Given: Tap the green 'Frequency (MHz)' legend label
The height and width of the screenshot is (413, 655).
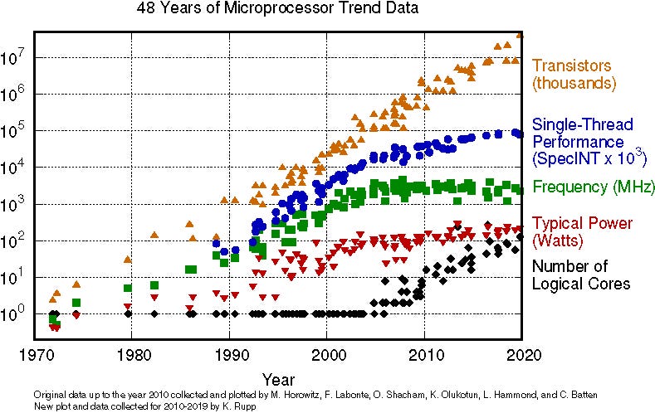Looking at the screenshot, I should [594, 186].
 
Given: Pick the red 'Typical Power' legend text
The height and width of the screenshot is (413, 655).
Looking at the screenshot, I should [582, 223].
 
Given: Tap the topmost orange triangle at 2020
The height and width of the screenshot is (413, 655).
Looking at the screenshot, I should [520, 33].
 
